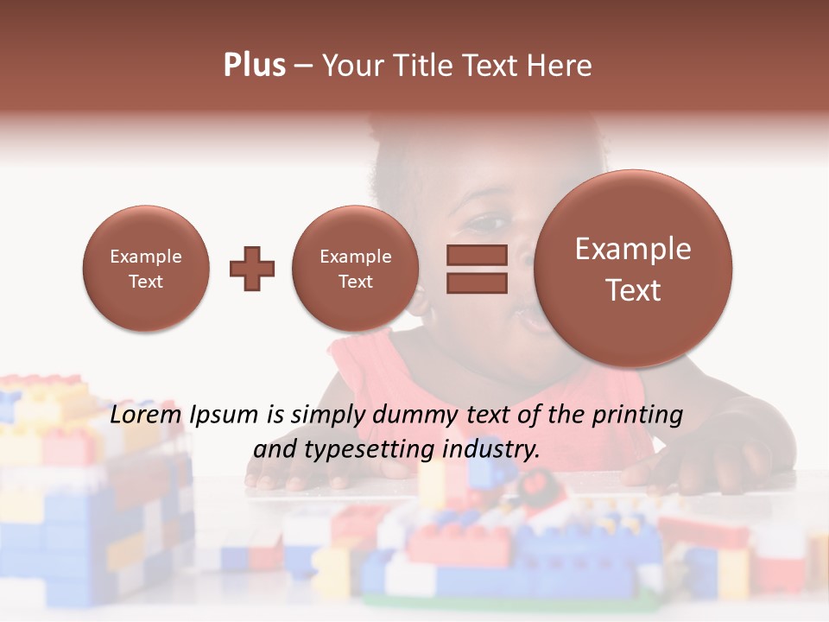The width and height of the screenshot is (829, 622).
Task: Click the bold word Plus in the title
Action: click(254, 66)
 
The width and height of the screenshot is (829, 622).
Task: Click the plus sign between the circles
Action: click(252, 269)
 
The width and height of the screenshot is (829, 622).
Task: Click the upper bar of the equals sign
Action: click(477, 255)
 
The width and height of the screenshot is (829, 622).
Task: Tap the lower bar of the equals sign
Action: click(477, 282)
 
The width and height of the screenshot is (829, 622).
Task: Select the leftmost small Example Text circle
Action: click(146, 269)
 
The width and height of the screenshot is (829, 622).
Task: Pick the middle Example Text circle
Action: click(355, 269)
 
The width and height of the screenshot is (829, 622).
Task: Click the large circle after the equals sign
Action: click(633, 269)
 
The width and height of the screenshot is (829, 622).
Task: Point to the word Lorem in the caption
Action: click(143, 415)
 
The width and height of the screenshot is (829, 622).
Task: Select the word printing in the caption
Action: click(638, 416)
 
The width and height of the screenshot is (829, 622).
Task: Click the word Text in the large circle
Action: click(633, 290)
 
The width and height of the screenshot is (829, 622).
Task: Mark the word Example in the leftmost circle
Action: click(146, 257)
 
